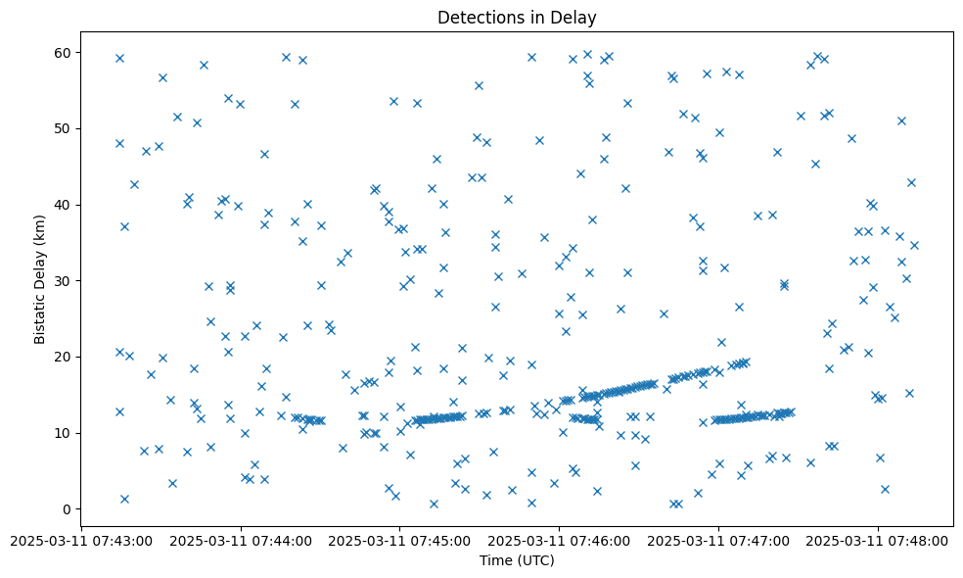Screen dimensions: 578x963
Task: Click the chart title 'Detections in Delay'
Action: coord(517,18)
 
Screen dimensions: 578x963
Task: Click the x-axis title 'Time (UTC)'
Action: coord(517,560)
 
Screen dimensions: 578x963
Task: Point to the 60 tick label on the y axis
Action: coord(62,52)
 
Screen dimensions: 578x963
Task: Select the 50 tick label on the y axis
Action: coord(62,128)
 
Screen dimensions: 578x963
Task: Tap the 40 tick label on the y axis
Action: coord(62,205)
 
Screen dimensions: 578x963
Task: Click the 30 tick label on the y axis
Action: coord(62,281)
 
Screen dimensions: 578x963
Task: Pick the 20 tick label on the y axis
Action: coord(62,357)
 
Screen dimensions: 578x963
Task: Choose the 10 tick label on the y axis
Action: coord(62,433)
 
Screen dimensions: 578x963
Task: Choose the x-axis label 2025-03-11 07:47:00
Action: coord(718,541)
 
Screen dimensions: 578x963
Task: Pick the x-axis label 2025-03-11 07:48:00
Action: coord(878,541)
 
